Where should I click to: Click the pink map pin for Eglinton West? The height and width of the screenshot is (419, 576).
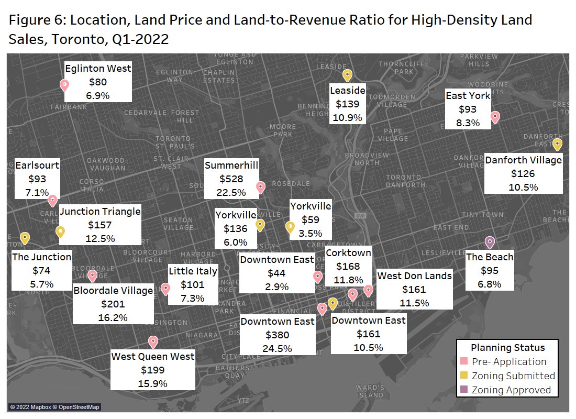pos(64,85)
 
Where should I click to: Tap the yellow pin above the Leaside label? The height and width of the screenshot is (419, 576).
pos(346,75)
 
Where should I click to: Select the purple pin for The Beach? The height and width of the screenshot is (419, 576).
pos(490,242)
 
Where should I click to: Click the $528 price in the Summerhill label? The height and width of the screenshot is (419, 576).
pos(231,179)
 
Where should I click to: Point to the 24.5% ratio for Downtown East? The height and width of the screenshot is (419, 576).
pos(278,348)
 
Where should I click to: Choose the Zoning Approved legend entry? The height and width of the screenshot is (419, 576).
pos(511,390)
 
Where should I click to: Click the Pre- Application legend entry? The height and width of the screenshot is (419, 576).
pos(508,361)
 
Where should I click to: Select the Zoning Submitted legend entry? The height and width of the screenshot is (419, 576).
pos(512,376)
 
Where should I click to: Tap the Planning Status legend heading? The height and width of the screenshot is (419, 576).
pos(507,347)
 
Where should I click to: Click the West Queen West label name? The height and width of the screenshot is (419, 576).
pos(153,357)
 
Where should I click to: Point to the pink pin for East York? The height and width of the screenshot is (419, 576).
pos(495,117)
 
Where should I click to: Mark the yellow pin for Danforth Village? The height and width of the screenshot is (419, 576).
pos(558,144)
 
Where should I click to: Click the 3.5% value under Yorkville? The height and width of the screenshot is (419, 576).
pos(311,233)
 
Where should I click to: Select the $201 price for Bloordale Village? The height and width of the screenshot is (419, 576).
pos(113,304)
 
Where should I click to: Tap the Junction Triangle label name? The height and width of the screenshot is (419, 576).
pos(100,212)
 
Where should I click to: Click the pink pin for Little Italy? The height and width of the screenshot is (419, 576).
pos(165,289)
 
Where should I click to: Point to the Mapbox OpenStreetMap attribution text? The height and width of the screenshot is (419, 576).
pos(54,407)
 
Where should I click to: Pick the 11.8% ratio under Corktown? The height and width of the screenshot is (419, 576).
pos(348,280)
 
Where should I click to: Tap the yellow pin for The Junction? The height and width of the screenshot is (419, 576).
pos(25,238)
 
